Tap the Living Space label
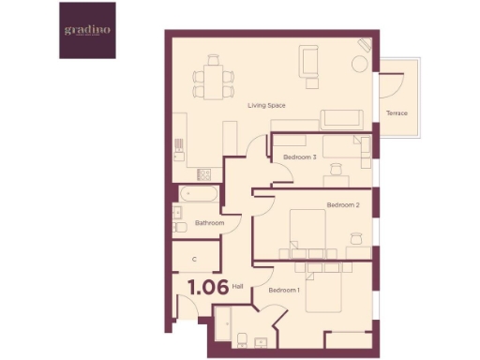266,105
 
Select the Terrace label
397,113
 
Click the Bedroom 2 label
343,204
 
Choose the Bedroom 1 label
283,290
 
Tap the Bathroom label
209,223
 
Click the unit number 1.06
207,288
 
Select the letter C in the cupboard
194,258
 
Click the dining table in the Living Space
213,79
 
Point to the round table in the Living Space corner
359,64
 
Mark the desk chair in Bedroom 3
335,169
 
